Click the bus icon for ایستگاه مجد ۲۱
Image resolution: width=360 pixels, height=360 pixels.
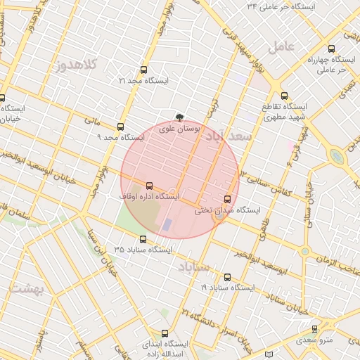point(144,70)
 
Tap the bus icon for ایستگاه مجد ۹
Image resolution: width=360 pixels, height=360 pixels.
point(121,127)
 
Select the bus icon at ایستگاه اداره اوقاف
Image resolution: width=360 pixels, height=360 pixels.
point(148,186)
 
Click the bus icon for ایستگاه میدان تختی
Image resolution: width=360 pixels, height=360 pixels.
point(226,199)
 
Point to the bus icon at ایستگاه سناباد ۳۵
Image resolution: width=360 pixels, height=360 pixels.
point(143,239)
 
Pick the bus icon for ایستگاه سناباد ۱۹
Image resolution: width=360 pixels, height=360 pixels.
point(227,277)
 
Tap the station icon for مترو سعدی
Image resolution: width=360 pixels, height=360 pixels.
point(314,329)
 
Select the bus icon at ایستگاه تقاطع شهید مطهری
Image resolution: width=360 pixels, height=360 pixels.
point(284,96)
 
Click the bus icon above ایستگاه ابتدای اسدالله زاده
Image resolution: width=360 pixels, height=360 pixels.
point(165,333)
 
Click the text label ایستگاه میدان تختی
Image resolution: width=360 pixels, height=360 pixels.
point(229,210)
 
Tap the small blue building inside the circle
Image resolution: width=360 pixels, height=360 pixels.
point(167,225)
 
